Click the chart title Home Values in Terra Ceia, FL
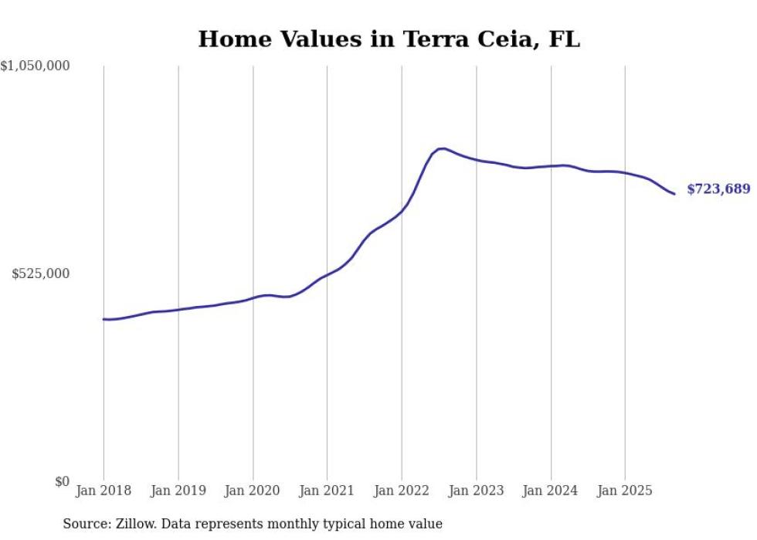coord(389,39)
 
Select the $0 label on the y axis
coord(62,481)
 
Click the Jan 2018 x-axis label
coord(104,491)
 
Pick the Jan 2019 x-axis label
coord(178,491)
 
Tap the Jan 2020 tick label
coord(253,491)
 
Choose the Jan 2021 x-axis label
coord(327,491)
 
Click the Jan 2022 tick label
coord(402,491)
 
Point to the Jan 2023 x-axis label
coord(476,491)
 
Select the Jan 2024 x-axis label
coord(551,491)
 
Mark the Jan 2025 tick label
coord(625,491)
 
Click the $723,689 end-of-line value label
coord(718,189)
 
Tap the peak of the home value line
coord(442,148)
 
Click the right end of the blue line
coord(674,193)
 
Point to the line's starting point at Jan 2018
coord(104,319)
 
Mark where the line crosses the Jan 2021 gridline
coord(327,274)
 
